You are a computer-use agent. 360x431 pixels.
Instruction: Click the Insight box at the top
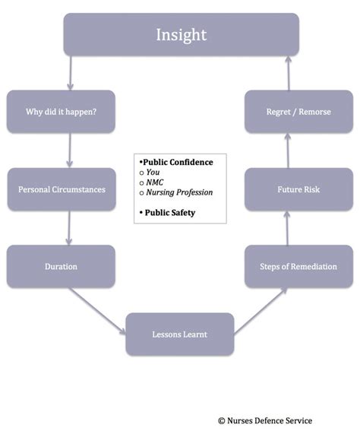[x=182, y=35]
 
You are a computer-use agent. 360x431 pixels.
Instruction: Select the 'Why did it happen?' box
[x=61, y=112]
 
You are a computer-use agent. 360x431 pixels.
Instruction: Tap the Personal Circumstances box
[x=62, y=189]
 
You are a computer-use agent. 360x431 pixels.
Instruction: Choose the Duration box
[x=61, y=267]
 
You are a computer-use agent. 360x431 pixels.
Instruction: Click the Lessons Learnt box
[x=180, y=334]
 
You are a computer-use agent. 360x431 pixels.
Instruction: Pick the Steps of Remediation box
[x=298, y=267]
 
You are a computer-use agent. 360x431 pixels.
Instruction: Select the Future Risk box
[x=298, y=189]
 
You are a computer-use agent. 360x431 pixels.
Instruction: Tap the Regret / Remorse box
[x=298, y=112]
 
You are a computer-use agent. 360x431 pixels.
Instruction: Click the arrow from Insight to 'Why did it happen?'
[x=71, y=73]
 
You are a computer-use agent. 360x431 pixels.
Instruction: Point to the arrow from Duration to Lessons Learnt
[x=97, y=312]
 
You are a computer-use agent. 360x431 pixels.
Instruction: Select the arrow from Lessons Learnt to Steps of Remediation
[x=261, y=312]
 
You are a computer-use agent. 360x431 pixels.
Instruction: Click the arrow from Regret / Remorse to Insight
[x=289, y=73]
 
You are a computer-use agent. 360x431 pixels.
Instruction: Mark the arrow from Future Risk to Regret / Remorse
[x=288, y=151]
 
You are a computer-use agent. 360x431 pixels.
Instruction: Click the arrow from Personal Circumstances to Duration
[x=69, y=228]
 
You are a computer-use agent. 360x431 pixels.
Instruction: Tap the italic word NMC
[x=155, y=182]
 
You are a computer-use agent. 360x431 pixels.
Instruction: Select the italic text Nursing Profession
[x=179, y=192]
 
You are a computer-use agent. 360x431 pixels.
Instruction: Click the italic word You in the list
[x=153, y=173]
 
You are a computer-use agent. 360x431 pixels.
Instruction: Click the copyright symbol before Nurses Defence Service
[x=222, y=421]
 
